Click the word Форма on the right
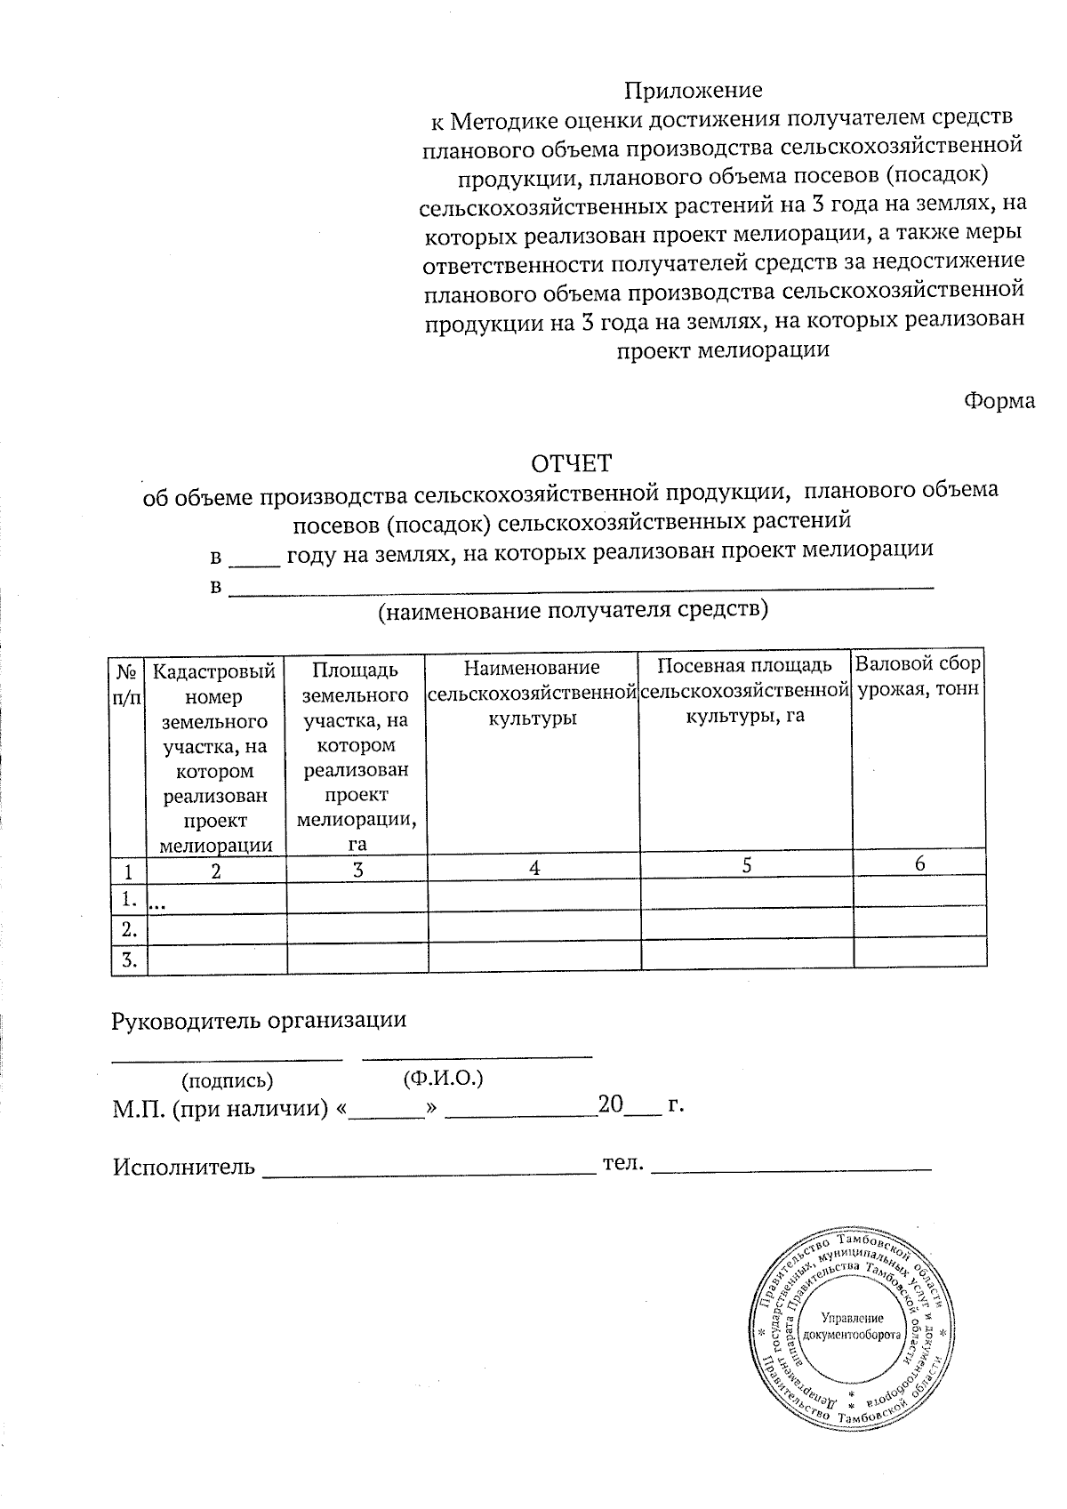[999, 400]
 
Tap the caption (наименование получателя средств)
[573, 611]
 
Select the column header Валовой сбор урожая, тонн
[919, 677]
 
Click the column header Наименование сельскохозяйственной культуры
[533, 692]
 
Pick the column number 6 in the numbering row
[919, 863]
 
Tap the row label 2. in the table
[129, 930]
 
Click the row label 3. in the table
[129, 959]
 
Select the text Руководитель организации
[259, 1020]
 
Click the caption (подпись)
[227, 1081]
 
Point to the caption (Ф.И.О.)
[442, 1079]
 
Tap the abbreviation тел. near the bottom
[622, 1162]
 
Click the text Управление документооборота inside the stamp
[852, 1328]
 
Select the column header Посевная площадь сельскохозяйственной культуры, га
[745, 690]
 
